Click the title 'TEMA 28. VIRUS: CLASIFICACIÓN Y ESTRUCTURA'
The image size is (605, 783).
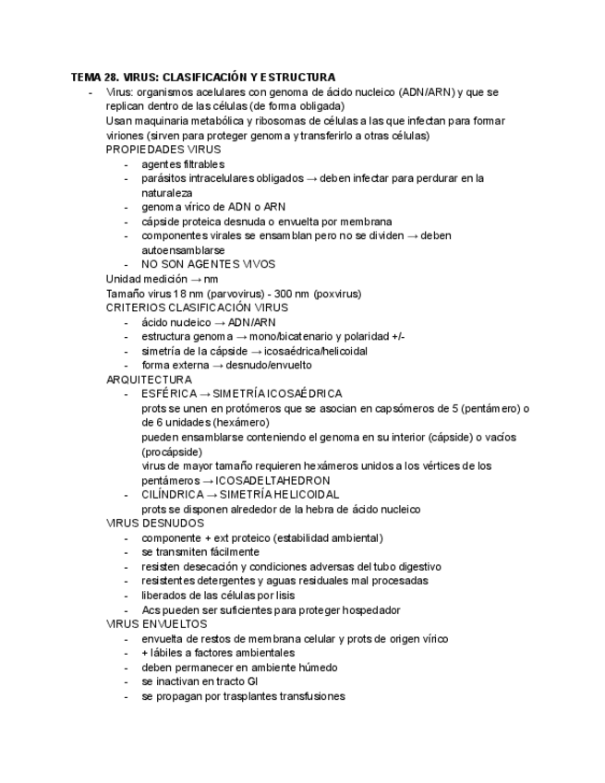203,78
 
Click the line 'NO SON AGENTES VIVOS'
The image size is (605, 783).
208,264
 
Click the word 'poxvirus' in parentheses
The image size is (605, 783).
337,294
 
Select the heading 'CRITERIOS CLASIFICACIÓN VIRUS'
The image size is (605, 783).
197,307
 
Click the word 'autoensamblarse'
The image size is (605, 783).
184,250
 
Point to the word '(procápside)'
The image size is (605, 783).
172,452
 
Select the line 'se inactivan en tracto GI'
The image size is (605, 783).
200,681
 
